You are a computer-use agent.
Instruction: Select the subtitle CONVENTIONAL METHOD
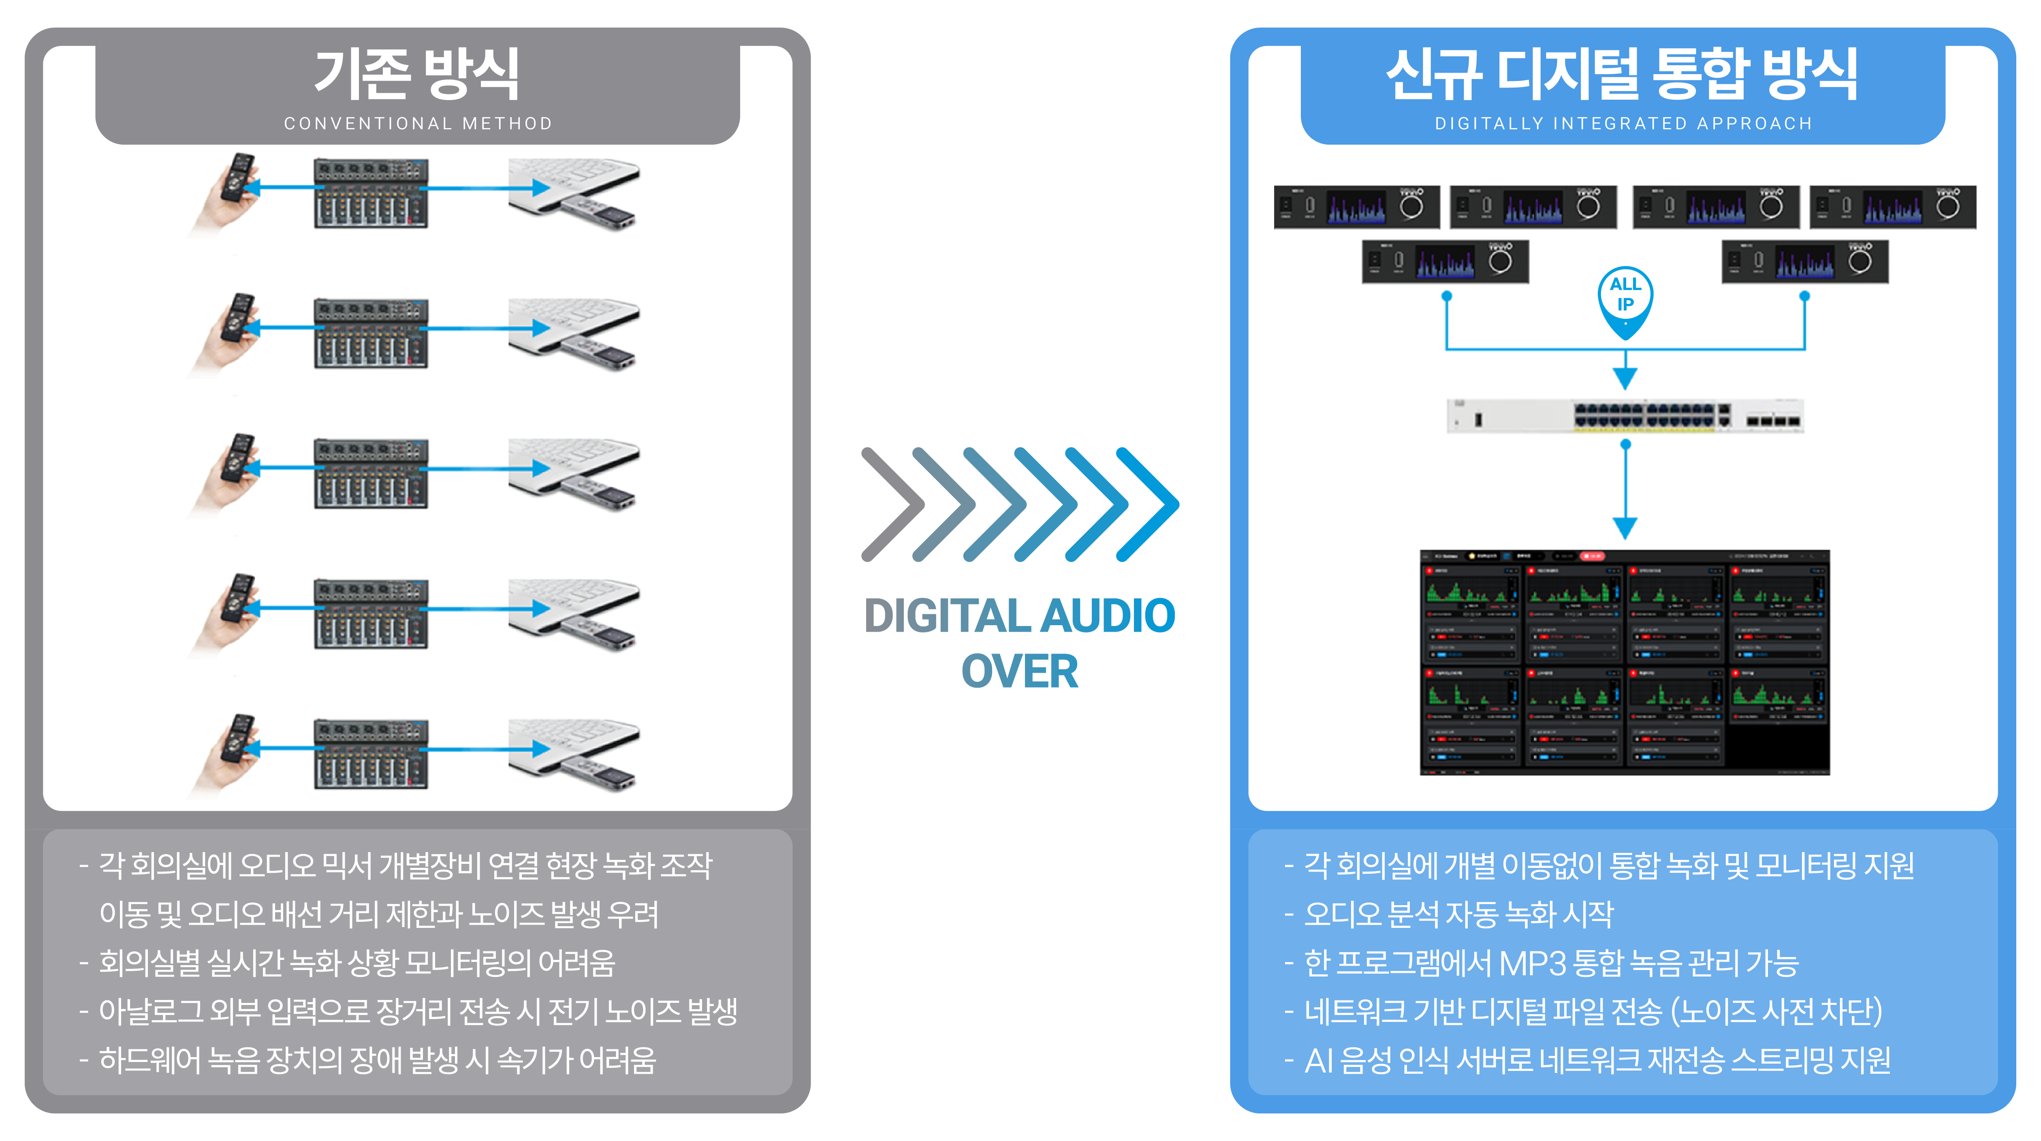418,124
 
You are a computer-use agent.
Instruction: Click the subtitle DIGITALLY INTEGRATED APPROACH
1623,124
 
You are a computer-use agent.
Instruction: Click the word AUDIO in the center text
1108,616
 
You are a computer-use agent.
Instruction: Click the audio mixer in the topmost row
371,192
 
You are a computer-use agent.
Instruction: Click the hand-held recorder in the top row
231,190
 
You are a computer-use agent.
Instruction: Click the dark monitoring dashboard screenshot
1624,662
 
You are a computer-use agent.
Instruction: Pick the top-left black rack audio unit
1356,207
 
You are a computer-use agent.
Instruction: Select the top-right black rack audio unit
1893,207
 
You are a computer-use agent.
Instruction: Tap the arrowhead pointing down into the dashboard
1625,528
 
